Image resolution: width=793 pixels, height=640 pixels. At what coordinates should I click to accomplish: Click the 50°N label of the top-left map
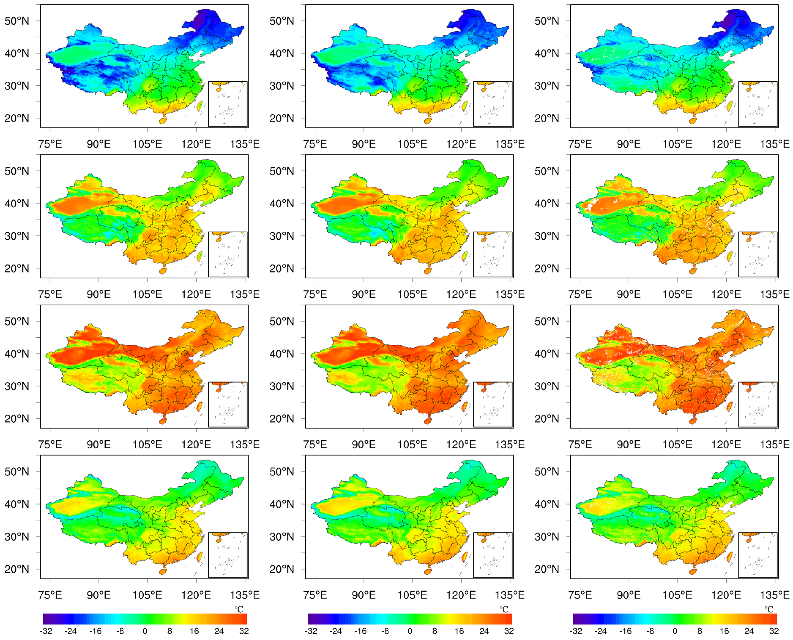[x=16, y=21]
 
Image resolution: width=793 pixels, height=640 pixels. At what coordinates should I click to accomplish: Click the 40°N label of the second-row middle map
[x=282, y=204]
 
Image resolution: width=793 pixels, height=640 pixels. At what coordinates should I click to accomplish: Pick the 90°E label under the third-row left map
[x=98, y=445]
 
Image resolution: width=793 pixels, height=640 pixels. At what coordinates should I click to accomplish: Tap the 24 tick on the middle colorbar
[x=484, y=631]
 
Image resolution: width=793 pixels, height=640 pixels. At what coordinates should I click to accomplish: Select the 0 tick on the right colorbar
[x=675, y=631]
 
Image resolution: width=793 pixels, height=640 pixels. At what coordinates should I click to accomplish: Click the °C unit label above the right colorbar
[x=769, y=609]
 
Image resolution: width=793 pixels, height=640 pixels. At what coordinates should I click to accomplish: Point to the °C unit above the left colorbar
[x=239, y=609]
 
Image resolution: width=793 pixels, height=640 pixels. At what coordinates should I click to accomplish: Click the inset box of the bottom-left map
[x=227, y=555]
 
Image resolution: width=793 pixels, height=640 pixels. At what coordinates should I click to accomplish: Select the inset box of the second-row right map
[x=758, y=254]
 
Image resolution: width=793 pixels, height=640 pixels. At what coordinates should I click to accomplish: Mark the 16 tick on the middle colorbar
[x=459, y=631]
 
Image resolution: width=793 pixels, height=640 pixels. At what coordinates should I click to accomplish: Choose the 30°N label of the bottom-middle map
[x=282, y=537]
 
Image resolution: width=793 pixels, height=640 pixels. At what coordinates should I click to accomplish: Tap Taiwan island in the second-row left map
[x=200, y=256]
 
